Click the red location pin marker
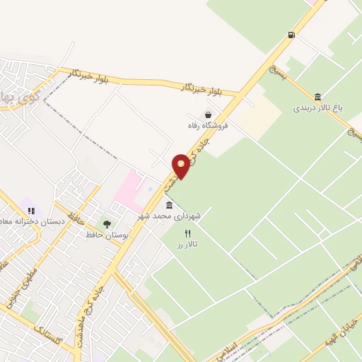tap(182, 166)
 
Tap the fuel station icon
tap(291, 34)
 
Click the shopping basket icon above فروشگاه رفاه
tap(208, 115)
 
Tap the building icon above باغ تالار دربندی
tap(318, 97)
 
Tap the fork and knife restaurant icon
tap(187, 233)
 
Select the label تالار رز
tap(187, 244)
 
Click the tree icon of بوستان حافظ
tap(107, 224)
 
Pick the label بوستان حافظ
tap(107, 235)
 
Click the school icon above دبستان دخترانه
tap(31, 210)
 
